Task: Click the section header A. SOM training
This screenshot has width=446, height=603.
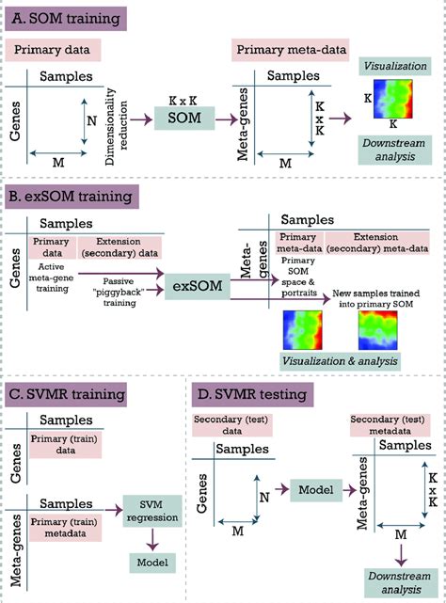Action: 72,19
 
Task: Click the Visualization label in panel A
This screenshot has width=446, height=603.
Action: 394,67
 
